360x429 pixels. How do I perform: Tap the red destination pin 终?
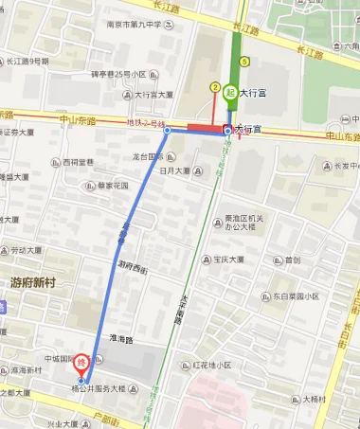click(81, 361)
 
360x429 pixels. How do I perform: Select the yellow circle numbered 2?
click(215, 87)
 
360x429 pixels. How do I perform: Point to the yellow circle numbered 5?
click(244, 62)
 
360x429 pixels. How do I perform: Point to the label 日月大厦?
click(176, 171)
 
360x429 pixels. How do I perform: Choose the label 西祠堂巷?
click(79, 162)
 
